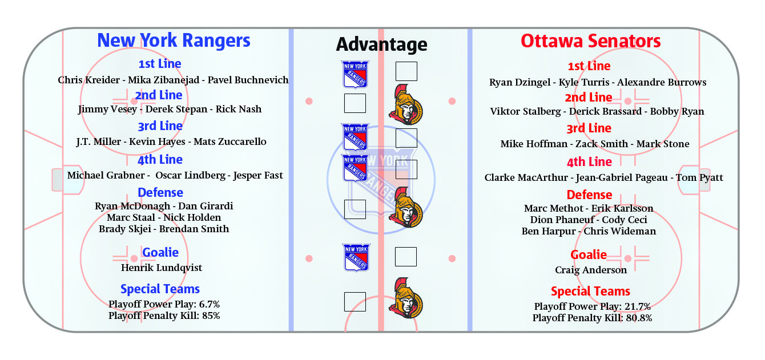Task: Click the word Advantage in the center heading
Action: click(x=381, y=45)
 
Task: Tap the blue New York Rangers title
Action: click(x=174, y=41)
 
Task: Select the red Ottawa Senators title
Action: click(x=590, y=41)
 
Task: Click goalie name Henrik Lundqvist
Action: click(x=162, y=268)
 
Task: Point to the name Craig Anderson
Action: click(x=591, y=270)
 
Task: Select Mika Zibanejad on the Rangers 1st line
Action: click(x=164, y=80)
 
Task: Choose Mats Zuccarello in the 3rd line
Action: click(x=230, y=141)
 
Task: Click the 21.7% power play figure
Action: click(x=638, y=306)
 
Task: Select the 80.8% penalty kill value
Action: click(x=639, y=318)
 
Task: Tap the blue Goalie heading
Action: click(x=160, y=253)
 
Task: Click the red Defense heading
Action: click(x=590, y=195)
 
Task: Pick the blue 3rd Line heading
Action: click(x=160, y=126)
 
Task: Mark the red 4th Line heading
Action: click(x=590, y=162)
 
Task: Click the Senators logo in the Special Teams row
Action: click(x=406, y=298)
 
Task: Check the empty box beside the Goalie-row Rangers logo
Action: click(x=406, y=257)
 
